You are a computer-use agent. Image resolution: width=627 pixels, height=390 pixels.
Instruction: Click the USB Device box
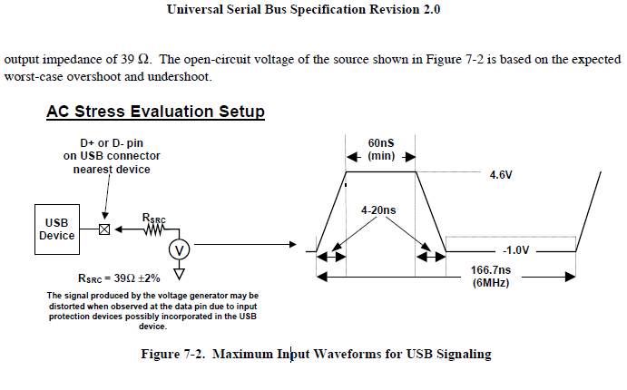coord(56,229)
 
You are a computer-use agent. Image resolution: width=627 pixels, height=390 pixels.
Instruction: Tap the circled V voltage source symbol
coord(179,248)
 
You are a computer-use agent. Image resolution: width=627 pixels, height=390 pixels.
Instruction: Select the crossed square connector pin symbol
coord(103,229)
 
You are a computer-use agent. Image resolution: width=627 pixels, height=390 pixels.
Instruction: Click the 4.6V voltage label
coord(502,174)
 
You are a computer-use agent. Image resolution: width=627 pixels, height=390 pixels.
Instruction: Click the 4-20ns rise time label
coord(379,210)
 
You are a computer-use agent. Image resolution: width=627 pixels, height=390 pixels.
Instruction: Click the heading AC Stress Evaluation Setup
coord(155,112)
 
